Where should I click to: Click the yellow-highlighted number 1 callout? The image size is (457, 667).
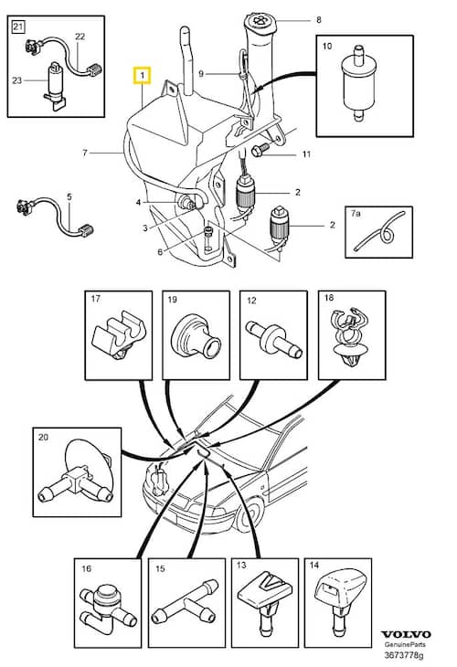click(x=142, y=75)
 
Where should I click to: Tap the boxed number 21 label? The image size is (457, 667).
click(x=18, y=27)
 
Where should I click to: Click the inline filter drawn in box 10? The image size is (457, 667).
click(x=358, y=84)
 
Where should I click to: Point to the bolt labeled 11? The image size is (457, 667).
click(x=260, y=150)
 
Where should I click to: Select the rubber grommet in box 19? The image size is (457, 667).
click(x=195, y=337)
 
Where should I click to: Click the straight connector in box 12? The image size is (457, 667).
click(x=274, y=339)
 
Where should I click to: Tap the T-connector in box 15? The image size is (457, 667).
click(x=186, y=604)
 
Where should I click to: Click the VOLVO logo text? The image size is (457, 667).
click(x=406, y=634)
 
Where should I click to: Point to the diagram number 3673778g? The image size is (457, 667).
click(x=404, y=655)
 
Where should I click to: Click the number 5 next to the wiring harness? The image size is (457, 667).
click(x=69, y=197)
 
